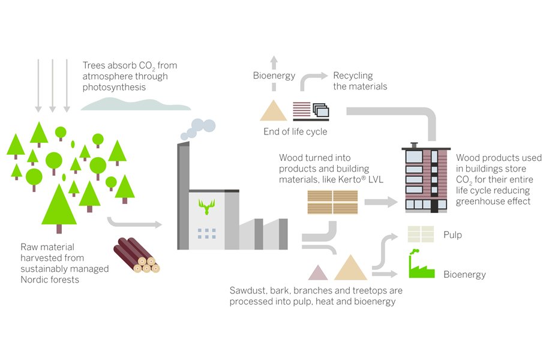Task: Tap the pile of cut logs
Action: (x=136, y=256)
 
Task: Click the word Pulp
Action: (x=452, y=235)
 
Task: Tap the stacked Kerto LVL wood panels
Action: (x=332, y=202)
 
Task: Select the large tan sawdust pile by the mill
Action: (x=350, y=269)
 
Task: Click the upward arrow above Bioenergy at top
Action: (x=274, y=63)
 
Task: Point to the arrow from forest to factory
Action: (x=134, y=223)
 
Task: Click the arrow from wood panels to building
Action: (x=380, y=202)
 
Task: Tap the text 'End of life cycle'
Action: (x=295, y=131)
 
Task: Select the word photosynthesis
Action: (x=115, y=87)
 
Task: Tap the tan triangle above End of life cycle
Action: (x=274, y=111)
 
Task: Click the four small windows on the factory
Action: (x=206, y=233)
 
